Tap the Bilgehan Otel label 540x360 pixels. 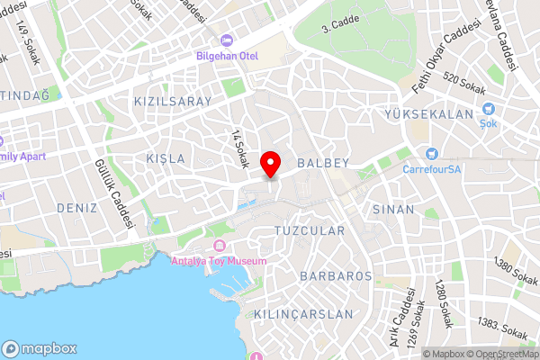point(227,56)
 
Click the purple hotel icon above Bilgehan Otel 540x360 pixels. point(227,40)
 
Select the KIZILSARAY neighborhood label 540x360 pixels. point(172,102)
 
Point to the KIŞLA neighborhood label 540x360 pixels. point(166,158)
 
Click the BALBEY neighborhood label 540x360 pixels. point(321,164)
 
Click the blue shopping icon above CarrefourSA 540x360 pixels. point(432,154)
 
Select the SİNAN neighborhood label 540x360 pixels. point(393,209)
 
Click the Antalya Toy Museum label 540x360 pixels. point(219,261)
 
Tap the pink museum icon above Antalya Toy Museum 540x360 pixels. point(219,246)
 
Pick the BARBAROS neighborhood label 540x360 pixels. point(337,275)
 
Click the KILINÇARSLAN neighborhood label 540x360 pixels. point(303,314)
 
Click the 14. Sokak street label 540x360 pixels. point(239,149)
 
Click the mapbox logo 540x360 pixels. point(38,348)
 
